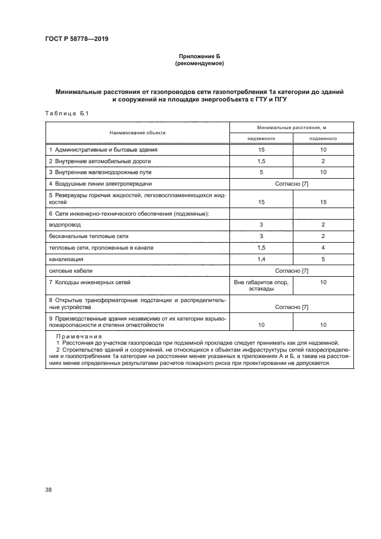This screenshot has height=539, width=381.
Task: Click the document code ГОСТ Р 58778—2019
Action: [77, 39]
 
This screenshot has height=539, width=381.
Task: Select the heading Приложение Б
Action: [199, 56]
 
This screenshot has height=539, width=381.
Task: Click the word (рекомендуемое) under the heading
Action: [199, 63]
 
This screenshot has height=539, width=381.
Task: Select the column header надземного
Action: [261, 138]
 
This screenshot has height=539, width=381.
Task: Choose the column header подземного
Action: [323, 138]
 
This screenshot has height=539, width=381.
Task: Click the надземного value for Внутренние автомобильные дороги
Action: [261, 161]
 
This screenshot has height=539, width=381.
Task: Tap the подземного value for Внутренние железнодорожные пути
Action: [323, 172]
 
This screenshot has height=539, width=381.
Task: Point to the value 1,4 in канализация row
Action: [261, 259]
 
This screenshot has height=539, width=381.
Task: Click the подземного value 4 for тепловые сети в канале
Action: [323, 247]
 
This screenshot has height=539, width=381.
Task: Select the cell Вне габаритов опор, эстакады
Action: [261, 285]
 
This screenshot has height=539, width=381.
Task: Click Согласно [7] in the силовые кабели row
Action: [292, 270]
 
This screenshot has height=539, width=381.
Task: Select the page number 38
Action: [49, 489]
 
